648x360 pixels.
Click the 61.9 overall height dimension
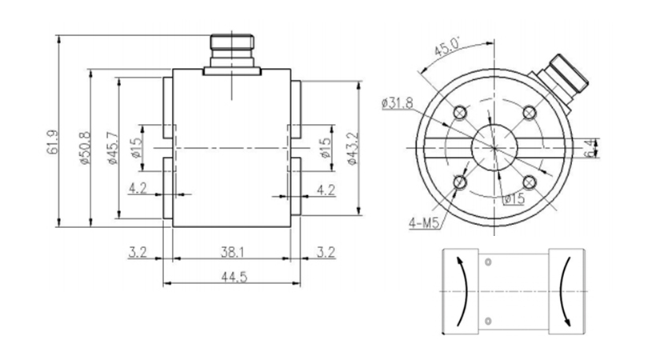click(53, 142)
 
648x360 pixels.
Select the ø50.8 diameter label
click(84, 147)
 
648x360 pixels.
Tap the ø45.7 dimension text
click(113, 147)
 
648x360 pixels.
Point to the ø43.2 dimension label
click(352, 148)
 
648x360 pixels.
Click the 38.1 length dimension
click(232, 252)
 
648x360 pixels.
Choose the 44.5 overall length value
click(234, 277)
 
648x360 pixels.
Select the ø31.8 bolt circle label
click(398, 102)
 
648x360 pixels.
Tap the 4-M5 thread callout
click(424, 223)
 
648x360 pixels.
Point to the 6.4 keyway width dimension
click(591, 148)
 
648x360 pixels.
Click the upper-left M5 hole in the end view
click(460, 113)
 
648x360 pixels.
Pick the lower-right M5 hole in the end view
click(530, 182)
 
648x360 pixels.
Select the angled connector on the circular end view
click(560, 82)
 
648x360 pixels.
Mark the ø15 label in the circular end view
click(514, 199)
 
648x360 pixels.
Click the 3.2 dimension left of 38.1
click(138, 252)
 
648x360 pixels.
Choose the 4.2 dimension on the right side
click(326, 190)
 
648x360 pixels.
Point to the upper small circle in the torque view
click(488, 262)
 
